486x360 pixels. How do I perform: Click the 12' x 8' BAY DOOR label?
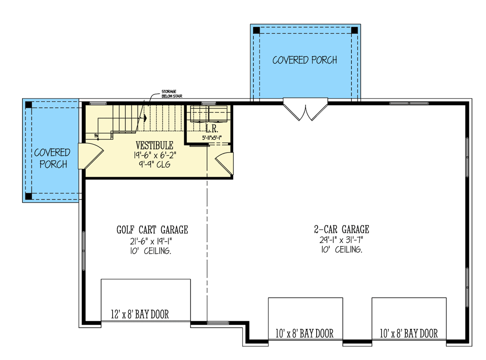point(140,314)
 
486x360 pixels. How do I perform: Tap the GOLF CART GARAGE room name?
point(152,230)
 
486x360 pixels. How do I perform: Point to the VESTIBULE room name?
point(154,145)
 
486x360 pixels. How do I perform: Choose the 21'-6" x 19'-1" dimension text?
point(152,241)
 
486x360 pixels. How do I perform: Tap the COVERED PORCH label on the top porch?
point(304,60)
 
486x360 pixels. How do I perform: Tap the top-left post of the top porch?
point(256,30)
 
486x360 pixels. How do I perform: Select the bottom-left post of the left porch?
point(29,196)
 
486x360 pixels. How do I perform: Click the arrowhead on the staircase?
point(145,118)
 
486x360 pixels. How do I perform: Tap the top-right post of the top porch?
point(354,30)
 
